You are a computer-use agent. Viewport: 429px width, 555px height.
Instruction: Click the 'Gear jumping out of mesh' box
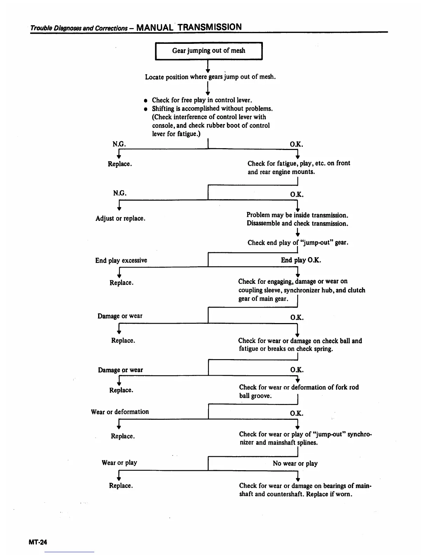tap(209, 51)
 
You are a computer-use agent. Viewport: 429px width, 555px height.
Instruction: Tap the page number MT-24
tap(38, 542)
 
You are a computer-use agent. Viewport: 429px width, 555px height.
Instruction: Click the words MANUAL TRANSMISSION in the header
tap(189, 27)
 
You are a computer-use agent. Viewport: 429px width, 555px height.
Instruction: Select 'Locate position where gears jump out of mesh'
tap(210, 77)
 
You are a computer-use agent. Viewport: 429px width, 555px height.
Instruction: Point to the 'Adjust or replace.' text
tap(120, 218)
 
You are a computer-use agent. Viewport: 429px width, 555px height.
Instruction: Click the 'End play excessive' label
tap(121, 260)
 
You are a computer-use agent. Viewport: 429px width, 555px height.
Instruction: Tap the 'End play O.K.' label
tap(301, 260)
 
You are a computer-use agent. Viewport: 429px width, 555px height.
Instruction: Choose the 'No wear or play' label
tap(295, 463)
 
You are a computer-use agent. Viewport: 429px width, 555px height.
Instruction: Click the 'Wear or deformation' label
tap(120, 412)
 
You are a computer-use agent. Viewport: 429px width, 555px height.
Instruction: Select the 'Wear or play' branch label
tap(119, 463)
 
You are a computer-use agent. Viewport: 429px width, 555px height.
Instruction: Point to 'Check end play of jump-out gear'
tap(298, 242)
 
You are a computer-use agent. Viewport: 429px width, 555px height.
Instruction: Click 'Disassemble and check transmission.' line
tap(297, 224)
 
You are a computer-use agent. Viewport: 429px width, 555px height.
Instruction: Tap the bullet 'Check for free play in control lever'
tap(202, 100)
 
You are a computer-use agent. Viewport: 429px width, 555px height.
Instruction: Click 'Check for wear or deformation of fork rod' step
tap(299, 387)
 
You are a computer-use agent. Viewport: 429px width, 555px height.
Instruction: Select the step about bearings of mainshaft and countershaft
tap(305, 490)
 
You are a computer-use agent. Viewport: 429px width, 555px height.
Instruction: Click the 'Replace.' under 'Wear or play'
tap(121, 486)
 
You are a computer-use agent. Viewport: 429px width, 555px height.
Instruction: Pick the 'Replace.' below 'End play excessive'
tap(121, 282)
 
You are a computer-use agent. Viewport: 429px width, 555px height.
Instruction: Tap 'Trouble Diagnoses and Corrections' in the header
tap(79, 28)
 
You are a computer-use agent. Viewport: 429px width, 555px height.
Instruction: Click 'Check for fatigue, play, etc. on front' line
tap(299, 163)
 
